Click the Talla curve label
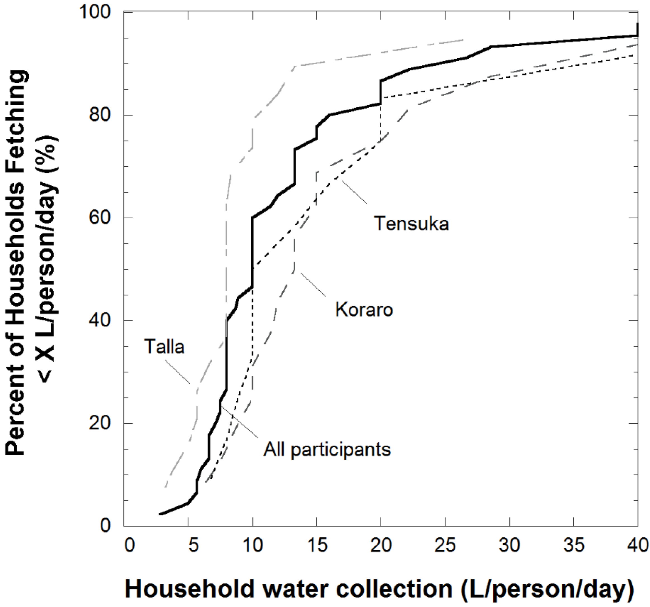click(164, 346)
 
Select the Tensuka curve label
click(411, 224)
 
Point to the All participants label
click(327, 449)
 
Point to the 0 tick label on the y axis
click(105, 526)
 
